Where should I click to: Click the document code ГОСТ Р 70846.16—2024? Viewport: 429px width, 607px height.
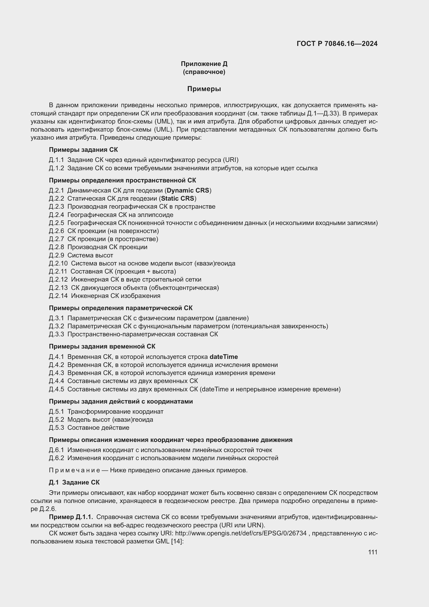(x=337, y=44)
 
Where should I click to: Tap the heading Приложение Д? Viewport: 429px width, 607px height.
(x=204, y=64)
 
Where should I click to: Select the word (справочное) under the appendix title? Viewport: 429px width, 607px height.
(x=204, y=72)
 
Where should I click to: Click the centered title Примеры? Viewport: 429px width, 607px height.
(x=204, y=89)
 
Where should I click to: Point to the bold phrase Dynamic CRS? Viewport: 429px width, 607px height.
(x=188, y=190)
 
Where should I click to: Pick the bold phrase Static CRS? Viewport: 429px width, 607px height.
(x=177, y=198)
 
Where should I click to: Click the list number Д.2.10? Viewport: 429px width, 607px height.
(x=58, y=263)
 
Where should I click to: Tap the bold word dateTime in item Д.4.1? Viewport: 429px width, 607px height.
(x=224, y=357)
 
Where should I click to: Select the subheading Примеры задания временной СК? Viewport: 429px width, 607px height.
(x=102, y=346)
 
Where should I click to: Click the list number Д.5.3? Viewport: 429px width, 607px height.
(x=56, y=427)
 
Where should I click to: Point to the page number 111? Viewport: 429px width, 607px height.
(x=372, y=552)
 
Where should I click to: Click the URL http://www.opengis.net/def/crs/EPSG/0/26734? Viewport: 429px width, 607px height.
(x=241, y=533)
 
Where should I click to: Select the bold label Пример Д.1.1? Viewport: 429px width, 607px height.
(x=71, y=517)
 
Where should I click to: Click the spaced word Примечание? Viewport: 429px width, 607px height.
(x=74, y=470)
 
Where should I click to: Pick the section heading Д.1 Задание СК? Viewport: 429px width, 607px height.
(x=74, y=482)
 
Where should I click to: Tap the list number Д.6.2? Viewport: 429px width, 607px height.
(x=56, y=458)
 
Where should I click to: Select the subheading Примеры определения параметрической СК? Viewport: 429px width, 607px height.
(x=120, y=308)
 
